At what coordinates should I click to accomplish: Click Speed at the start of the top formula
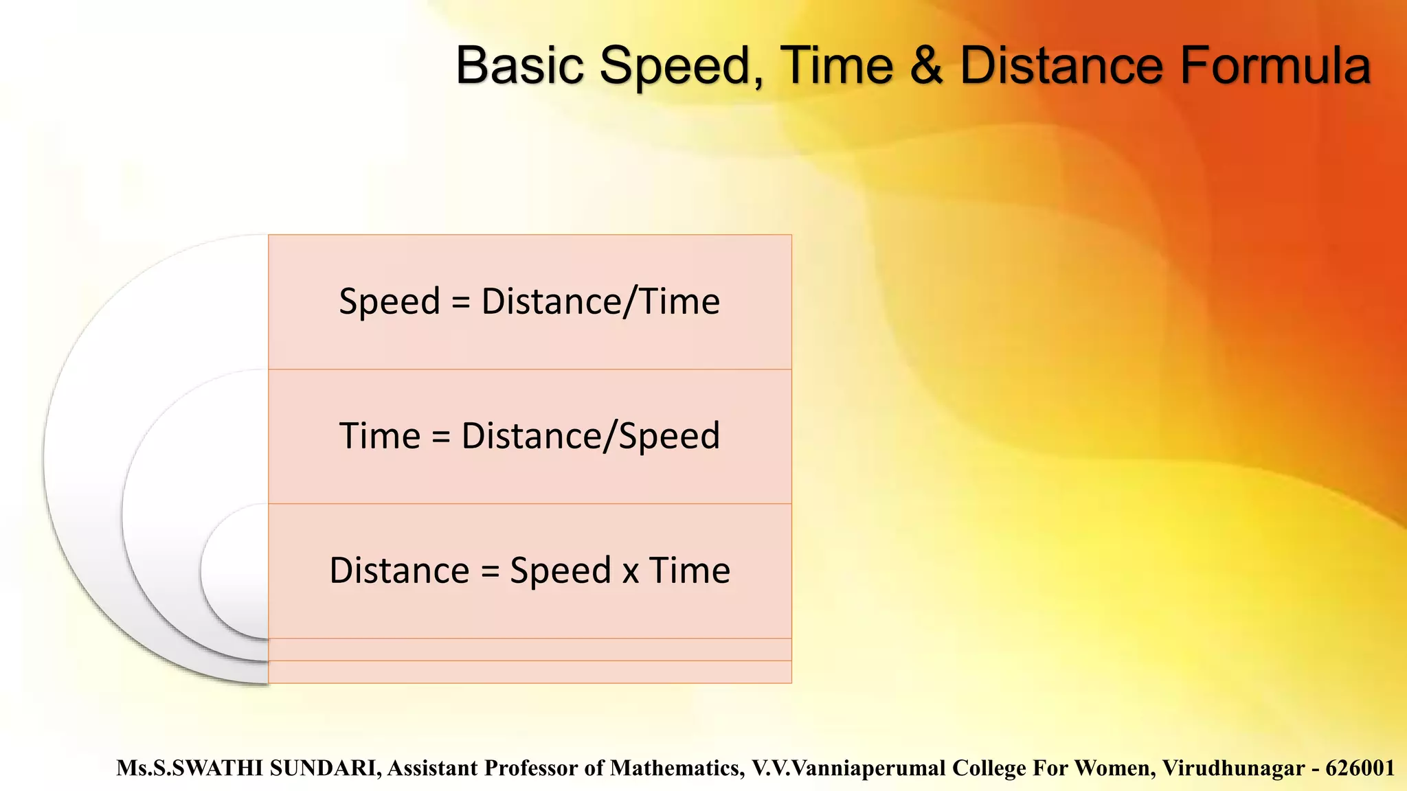pyautogui.click(x=390, y=302)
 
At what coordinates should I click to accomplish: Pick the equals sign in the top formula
pyautogui.click(x=461, y=302)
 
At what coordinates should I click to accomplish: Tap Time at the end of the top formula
pyautogui.click(x=680, y=302)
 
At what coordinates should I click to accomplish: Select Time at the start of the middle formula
pyautogui.click(x=380, y=437)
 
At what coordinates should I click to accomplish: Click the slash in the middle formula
pyautogui.click(x=611, y=437)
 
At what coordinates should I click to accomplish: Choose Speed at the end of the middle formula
pyautogui.click(x=669, y=437)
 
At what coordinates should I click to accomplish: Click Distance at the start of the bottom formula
pyautogui.click(x=399, y=571)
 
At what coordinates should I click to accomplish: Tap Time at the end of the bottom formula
pyautogui.click(x=689, y=571)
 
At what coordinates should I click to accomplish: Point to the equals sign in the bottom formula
pyautogui.click(x=490, y=571)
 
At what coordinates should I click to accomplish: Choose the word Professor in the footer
pyautogui.click(x=531, y=768)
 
